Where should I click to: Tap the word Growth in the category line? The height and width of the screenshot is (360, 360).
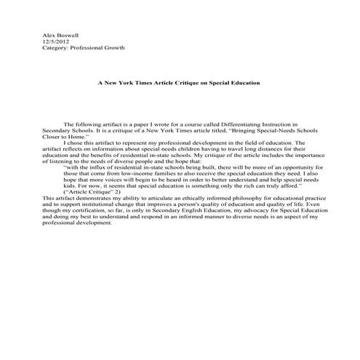[113, 48]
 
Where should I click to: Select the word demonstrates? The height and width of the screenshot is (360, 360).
[89, 198]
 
